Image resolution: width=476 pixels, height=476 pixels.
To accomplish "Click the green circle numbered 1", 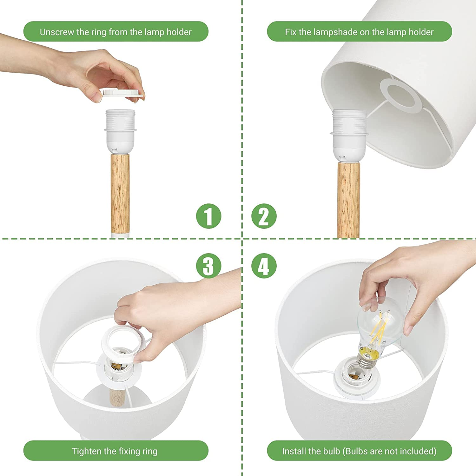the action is tap(208, 216).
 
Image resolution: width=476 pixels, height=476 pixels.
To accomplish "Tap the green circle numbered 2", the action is tap(264, 216).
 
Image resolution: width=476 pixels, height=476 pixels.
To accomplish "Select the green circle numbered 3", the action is tap(208, 266).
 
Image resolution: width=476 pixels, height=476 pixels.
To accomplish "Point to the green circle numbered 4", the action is tap(264, 266).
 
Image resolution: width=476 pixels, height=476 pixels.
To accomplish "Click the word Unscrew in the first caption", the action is tap(56, 32).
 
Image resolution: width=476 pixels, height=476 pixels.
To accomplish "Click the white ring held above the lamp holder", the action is tap(122, 93).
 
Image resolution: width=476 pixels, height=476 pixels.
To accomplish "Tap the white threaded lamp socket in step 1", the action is tap(120, 132).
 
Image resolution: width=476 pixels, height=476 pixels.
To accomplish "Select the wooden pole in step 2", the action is tap(348, 200).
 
